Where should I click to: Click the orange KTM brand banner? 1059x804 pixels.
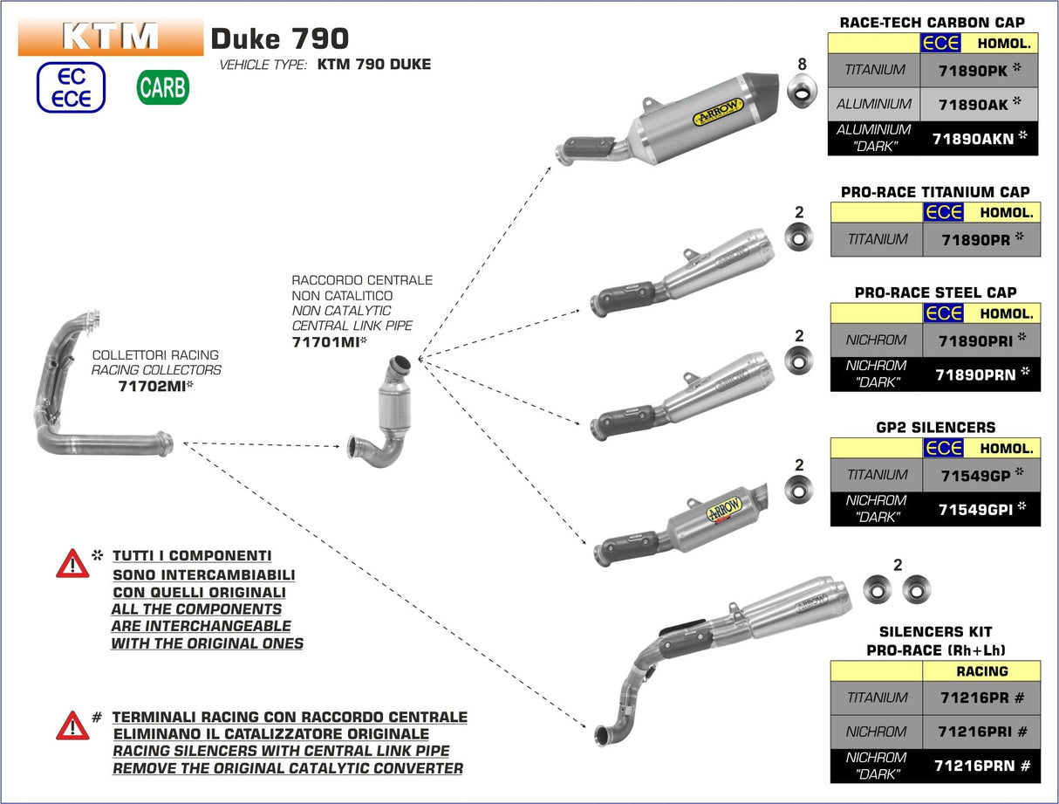click(110, 37)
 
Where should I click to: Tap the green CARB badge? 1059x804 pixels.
click(162, 87)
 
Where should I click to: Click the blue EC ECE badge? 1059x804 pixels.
click(71, 87)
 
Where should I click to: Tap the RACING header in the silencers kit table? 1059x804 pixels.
click(981, 671)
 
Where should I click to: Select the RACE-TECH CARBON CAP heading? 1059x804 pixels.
click(932, 23)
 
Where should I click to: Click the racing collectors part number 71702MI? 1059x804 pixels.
click(155, 384)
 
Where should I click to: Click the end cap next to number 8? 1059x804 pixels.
click(803, 88)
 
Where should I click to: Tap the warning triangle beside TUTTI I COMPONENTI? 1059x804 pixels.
click(72, 564)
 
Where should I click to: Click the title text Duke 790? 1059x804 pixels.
click(279, 38)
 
